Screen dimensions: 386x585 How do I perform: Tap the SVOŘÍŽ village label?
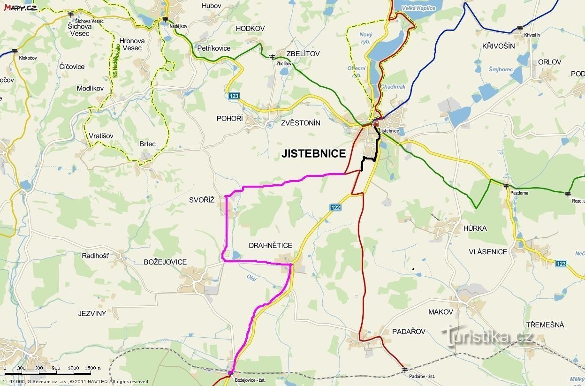202,200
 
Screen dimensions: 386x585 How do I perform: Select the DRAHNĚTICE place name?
270,245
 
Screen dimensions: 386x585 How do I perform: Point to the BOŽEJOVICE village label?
165,262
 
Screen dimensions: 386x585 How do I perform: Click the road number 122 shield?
335,207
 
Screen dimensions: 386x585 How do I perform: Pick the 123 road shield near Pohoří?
234,96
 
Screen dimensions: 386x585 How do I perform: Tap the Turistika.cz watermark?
488,336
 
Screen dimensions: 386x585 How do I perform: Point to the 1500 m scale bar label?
92,368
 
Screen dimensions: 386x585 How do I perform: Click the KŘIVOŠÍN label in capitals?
498,46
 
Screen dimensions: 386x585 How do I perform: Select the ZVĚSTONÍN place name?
300,123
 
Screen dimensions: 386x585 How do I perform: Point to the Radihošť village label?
95,256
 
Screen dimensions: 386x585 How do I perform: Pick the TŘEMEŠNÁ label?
545,325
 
